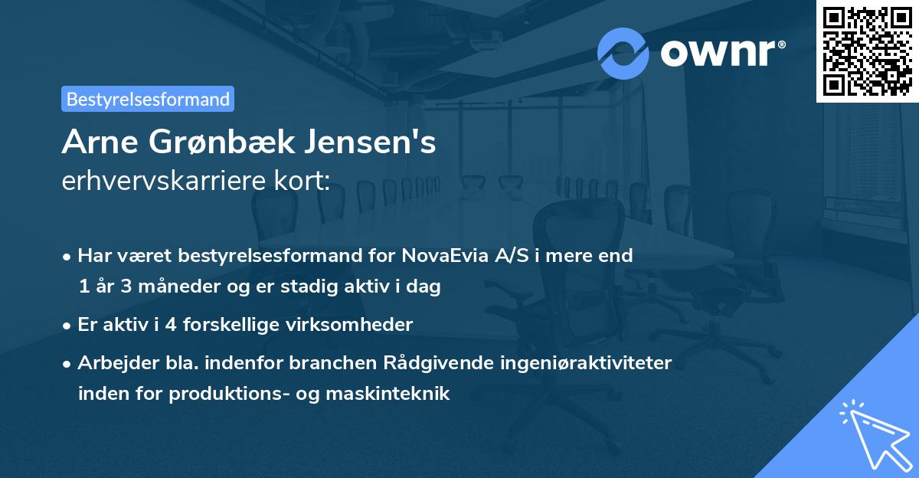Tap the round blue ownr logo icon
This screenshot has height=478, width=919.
point(623,54)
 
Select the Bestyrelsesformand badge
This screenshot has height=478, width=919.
point(148,99)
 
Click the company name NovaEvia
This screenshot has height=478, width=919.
point(433,256)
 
